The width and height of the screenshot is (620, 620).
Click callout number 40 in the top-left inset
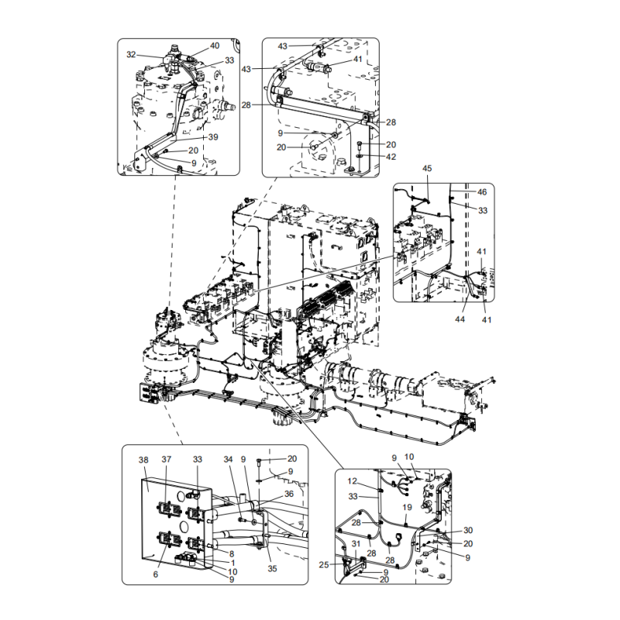pyautogui.click(x=215, y=46)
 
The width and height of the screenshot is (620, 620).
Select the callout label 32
pyautogui.click(x=132, y=55)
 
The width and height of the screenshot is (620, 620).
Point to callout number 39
pyautogui.click(x=214, y=137)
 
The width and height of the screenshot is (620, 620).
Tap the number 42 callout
pyautogui.click(x=391, y=157)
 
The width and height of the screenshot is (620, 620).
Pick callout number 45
pyautogui.click(x=426, y=169)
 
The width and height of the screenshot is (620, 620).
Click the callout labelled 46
pyautogui.click(x=481, y=191)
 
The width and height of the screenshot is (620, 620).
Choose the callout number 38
pyautogui.click(x=143, y=460)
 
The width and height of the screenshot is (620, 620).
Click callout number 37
pyautogui.click(x=166, y=460)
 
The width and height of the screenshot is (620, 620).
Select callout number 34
pyautogui.click(x=228, y=460)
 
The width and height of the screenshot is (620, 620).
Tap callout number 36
pyautogui.click(x=288, y=494)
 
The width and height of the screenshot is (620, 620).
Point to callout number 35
pyautogui.click(x=272, y=567)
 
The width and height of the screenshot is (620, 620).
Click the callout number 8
pyautogui.click(x=232, y=553)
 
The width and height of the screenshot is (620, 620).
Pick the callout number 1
pyautogui.click(x=232, y=563)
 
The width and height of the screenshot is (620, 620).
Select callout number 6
pyautogui.click(x=155, y=574)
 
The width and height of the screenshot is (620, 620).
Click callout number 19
pyautogui.click(x=406, y=508)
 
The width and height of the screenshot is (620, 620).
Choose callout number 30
pyautogui.click(x=468, y=531)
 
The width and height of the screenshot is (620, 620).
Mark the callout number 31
pyautogui.click(x=356, y=543)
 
